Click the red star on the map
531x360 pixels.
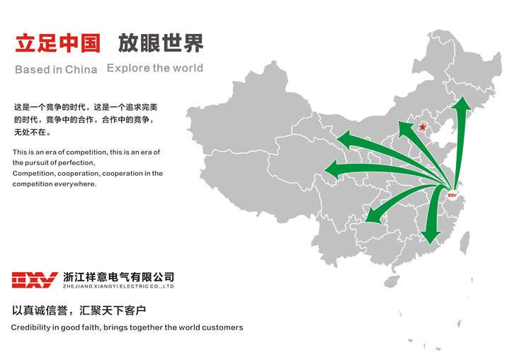tap(423, 128)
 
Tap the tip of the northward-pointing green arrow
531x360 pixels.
tap(463, 101)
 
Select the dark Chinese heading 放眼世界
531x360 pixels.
tap(161, 44)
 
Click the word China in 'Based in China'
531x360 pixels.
tap(81, 69)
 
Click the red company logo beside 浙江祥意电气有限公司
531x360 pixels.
tap(34, 280)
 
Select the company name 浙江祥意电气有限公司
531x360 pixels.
tap(118, 276)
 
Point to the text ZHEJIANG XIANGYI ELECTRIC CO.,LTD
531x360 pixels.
tap(118, 286)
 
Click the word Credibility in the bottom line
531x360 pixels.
tap(32, 327)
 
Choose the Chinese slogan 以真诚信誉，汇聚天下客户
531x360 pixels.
tap(79, 310)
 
